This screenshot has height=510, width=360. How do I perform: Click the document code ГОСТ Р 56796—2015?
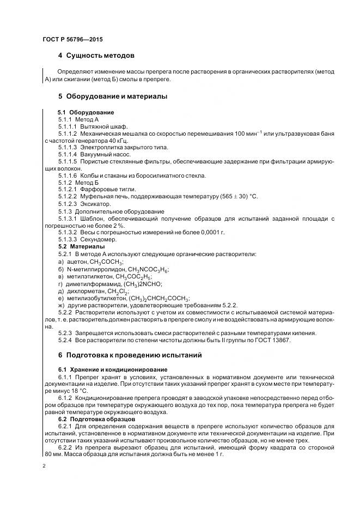click(x=72, y=40)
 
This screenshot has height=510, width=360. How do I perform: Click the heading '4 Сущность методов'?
click(x=96, y=56)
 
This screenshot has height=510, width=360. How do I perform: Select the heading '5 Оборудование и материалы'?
click(x=112, y=96)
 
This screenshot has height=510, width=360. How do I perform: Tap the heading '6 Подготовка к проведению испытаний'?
click(x=130, y=355)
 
